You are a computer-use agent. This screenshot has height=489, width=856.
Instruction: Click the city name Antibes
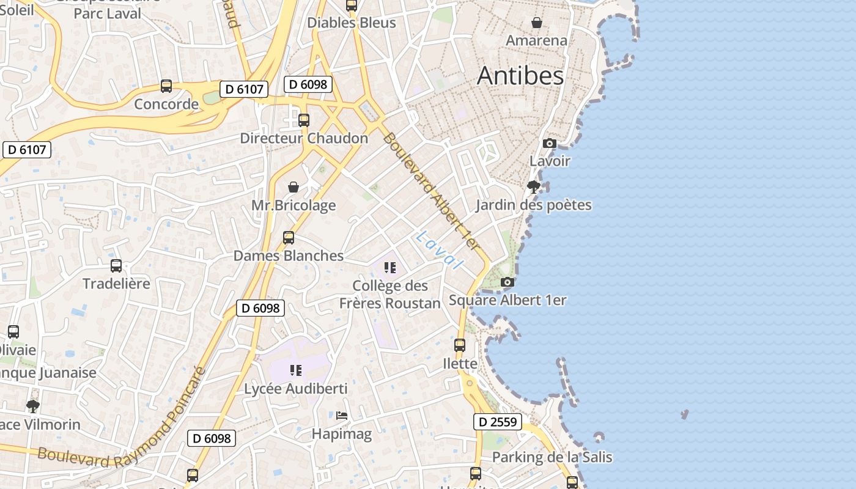[520, 76]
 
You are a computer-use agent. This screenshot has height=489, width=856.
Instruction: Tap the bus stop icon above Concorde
[166, 86]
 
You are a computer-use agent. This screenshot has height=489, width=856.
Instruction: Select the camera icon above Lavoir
[550, 144]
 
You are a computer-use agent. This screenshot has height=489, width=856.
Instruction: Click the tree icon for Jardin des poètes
[534, 186]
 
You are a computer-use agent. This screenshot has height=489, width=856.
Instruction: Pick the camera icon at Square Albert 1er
[507, 282]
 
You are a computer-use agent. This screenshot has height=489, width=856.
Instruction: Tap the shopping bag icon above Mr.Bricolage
[293, 187]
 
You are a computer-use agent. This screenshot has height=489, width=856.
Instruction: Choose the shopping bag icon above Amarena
[536, 23]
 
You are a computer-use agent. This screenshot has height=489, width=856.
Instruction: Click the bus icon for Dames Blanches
[289, 238]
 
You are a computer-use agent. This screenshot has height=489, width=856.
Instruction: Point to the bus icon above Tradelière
[116, 266]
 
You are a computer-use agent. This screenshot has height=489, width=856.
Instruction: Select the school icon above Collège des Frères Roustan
[390, 267]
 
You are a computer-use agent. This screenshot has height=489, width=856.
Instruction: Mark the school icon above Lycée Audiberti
[296, 370]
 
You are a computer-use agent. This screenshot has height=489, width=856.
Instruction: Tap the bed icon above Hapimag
[342, 416]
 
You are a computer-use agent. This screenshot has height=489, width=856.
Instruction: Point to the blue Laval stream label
[438, 249]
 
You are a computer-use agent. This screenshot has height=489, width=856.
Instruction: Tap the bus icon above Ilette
[460, 345]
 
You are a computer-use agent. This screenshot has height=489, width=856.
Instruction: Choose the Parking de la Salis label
[552, 457]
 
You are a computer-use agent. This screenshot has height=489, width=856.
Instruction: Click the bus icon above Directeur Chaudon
[304, 120]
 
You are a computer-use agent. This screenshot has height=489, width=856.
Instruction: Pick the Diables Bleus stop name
[351, 23]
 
